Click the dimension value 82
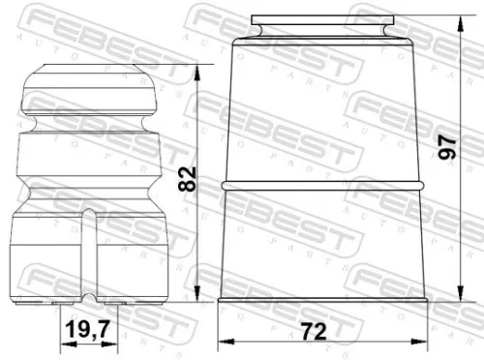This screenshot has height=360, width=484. click(x=188, y=178)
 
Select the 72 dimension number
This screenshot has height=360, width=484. click(x=314, y=331)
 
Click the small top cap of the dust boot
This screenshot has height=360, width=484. click(x=322, y=29)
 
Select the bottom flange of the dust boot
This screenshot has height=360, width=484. click(x=322, y=301)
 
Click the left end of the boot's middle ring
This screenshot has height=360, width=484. click(x=225, y=184)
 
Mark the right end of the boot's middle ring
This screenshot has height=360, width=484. click(x=421, y=184)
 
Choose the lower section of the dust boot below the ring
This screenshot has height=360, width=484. click(x=322, y=242)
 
